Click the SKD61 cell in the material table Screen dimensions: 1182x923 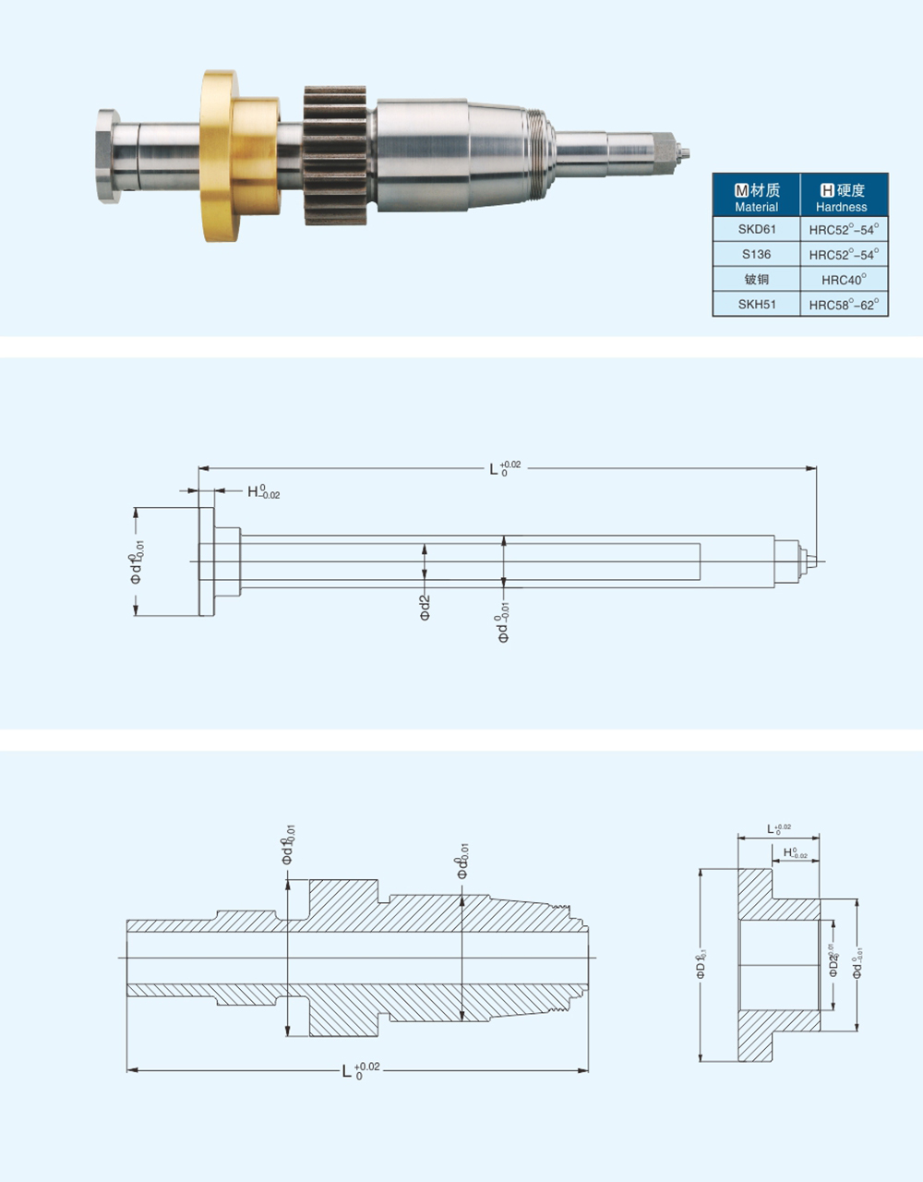pos(756,229)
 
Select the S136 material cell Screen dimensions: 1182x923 pos(756,254)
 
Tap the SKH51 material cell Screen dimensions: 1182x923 pos(756,304)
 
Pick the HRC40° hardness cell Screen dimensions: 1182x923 pos(844,279)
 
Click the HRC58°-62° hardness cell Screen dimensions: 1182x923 pos(844,304)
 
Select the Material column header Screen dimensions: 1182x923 pos(756,197)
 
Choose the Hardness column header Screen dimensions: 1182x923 pos(844,197)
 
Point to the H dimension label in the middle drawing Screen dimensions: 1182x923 pos(261,492)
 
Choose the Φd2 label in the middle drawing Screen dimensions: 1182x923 pos(426,607)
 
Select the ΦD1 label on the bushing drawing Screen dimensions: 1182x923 pos(701,964)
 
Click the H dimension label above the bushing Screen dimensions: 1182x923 pos(793,853)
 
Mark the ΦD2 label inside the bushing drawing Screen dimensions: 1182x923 pos(833,961)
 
